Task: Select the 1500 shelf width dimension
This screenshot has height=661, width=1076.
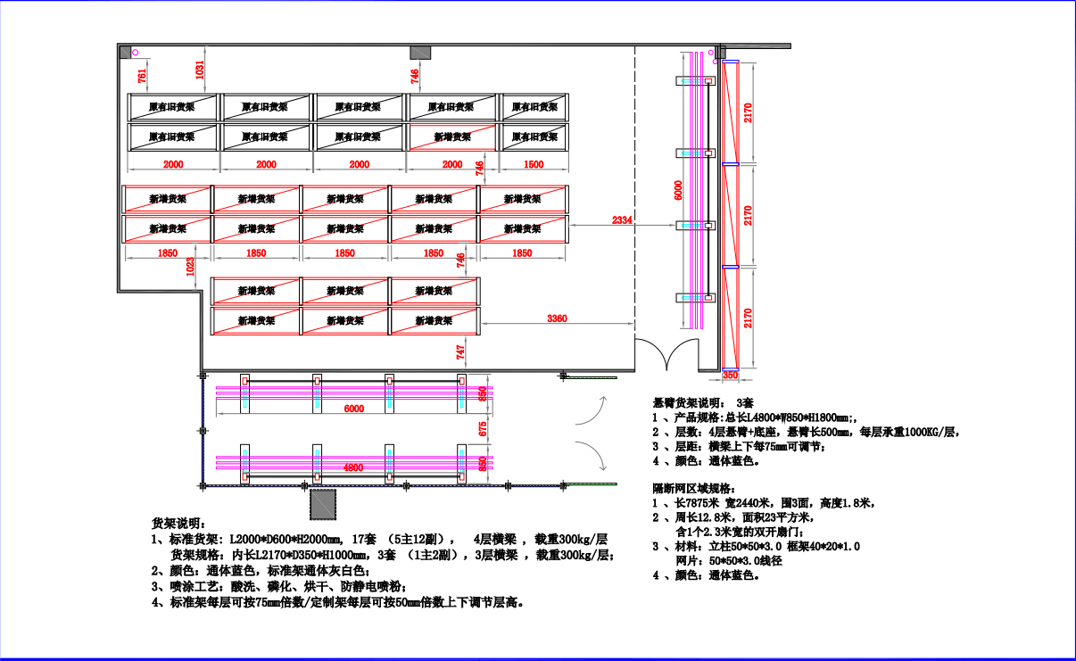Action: pyautogui.click(x=534, y=165)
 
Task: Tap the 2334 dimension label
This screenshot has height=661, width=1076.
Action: pyautogui.click(x=622, y=219)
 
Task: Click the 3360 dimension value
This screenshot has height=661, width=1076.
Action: pyautogui.click(x=557, y=318)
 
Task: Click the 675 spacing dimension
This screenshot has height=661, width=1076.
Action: pyautogui.click(x=483, y=429)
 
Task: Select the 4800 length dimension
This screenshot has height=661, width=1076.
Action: pyautogui.click(x=354, y=467)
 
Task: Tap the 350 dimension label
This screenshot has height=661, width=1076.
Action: pyautogui.click(x=730, y=376)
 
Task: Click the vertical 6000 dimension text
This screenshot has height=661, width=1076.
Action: pyautogui.click(x=677, y=190)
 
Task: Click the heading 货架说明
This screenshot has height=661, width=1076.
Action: pyautogui.click(x=178, y=523)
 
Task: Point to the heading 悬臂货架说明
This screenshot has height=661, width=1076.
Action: pyautogui.click(x=694, y=402)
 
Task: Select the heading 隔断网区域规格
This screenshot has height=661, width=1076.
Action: pyautogui.click(x=695, y=488)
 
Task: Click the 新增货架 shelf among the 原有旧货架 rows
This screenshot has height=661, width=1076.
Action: pyautogui.click(x=452, y=137)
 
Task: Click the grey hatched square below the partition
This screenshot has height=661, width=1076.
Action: pyautogui.click(x=323, y=503)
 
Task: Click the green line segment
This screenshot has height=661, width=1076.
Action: pyautogui.click(x=591, y=484)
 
